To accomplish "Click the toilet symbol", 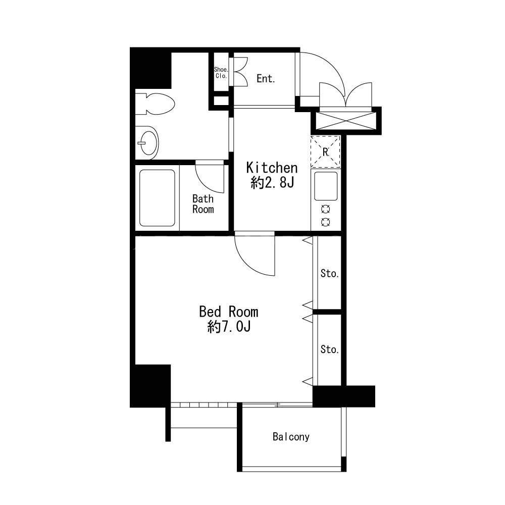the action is (155, 104).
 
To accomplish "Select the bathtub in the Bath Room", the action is (157, 198).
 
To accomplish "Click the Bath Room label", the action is (203, 204).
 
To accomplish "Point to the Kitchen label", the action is (272, 168).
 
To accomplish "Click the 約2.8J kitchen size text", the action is (273, 183).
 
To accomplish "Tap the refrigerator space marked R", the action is (325, 151).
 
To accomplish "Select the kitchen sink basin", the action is (326, 186).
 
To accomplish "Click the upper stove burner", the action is (326, 210).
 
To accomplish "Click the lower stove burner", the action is (326, 222).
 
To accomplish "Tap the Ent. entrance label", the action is (266, 78).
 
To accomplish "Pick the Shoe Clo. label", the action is (221, 73).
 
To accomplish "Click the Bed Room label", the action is (229, 312).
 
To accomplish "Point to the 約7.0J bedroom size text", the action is (229, 327).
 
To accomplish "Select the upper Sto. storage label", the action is (329, 273).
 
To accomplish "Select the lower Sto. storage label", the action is (329, 349).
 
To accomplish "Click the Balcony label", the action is (291, 437).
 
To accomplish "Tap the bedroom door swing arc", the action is (247, 264).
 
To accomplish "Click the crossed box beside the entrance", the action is (345, 121).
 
